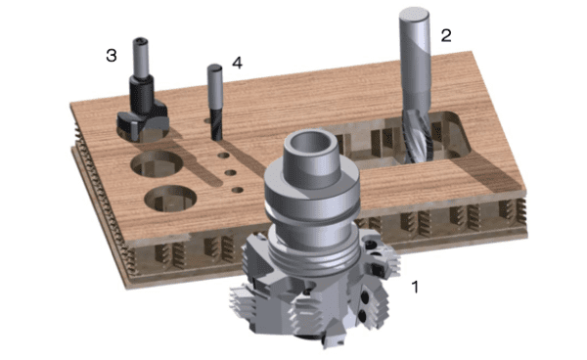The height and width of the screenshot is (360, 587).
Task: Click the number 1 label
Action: tap(415, 287)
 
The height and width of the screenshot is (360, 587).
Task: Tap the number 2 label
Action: tap(446, 35)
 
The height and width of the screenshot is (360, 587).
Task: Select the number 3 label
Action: tap(112, 56)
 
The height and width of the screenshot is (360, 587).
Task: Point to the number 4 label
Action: tap(238, 63)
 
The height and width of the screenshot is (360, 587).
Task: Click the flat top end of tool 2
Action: tap(414, 15)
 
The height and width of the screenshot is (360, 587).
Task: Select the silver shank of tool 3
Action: tap(141, 58)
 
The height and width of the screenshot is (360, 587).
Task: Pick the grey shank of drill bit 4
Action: tap(215, 87)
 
